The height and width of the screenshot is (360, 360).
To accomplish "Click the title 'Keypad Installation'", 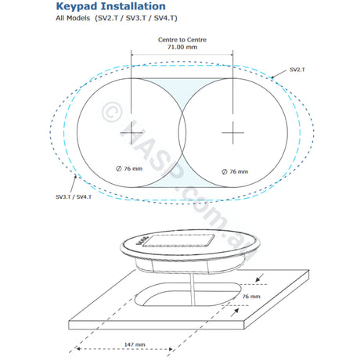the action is click(111, 7).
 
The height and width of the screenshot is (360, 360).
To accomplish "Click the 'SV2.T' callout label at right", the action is click(297, 70).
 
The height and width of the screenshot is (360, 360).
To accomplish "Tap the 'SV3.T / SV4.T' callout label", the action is click(74, 197).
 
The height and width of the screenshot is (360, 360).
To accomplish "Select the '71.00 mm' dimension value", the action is click(182, 47).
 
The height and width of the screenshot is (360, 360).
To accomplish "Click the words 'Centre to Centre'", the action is click(182, 40).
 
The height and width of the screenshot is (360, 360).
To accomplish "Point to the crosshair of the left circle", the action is click(131, 133).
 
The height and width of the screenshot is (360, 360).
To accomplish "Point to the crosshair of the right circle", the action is click(233, 133).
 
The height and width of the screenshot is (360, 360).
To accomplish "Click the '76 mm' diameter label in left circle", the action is click(129, 169).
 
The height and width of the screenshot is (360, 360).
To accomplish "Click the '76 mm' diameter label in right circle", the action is click(235, 171).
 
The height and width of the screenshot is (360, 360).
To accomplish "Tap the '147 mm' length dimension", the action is click(135, 344).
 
